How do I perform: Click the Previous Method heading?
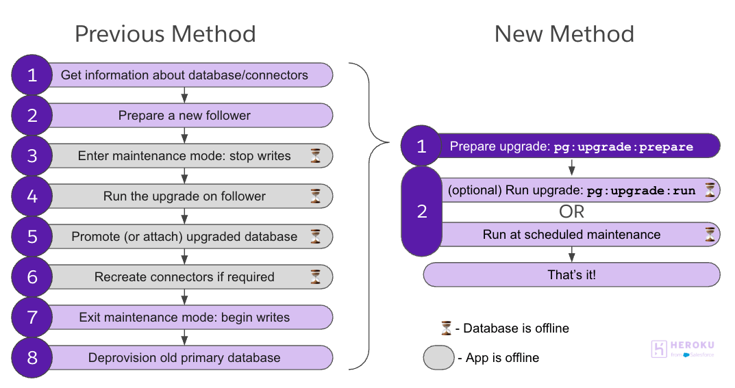click(165, 34)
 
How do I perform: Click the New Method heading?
click(564, 34)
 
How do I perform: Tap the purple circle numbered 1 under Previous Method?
click(32, 75)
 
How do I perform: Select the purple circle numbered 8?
click(32, 357)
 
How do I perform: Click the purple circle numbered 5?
click(32, 237)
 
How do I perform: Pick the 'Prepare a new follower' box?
click(184, 116)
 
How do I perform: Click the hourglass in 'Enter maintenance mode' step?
click(315, 156)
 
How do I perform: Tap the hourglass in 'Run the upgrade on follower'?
click(315, 196)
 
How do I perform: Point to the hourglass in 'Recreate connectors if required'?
click(315, 277)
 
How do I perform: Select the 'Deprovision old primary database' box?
click(184, 357)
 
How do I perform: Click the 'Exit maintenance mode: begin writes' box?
click(184, 318)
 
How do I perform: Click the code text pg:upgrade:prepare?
click(623, 146)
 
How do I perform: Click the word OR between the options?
click(571, 212)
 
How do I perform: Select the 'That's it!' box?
click(571, 275)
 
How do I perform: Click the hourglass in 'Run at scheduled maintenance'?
click(710, 235)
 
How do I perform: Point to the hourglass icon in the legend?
click(446, 328)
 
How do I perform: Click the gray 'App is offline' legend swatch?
click(438, 358)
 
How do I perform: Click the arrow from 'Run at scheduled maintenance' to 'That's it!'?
click(571, 255)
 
